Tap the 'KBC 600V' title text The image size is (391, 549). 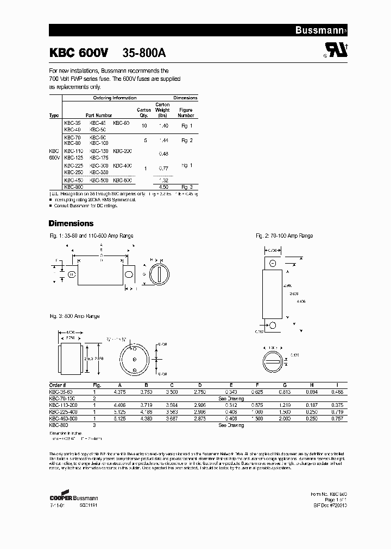click(79, 53)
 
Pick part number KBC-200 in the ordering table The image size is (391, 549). click(122, 151)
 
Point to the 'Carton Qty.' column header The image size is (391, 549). click(144, 112)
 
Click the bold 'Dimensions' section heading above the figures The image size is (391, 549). click(71, 224)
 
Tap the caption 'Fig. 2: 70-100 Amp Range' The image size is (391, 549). click(285, 236)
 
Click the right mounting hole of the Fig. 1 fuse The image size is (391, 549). click(129, 274)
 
